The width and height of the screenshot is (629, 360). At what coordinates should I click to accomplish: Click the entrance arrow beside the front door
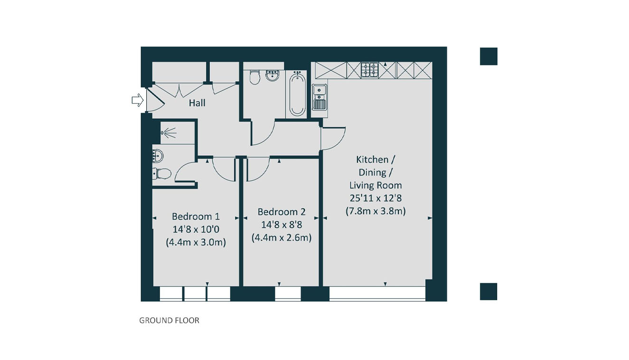[x=138, y=100]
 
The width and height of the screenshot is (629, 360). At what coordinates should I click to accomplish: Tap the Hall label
[x=197, y=103]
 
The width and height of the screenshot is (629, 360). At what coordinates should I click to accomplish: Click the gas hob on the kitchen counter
[x=369, y=70]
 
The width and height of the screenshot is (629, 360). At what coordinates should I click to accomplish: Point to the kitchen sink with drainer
[x=319, y=97]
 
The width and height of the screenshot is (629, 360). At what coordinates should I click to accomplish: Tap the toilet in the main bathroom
[x=254, y=77]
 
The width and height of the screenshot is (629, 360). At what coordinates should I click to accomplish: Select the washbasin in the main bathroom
[x=272, y=76]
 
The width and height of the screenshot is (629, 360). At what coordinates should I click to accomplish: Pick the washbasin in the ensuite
[x=158, y=156]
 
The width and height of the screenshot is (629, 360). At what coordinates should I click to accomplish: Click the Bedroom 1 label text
[x=196, y=217]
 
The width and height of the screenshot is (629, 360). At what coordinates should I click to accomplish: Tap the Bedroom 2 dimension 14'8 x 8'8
[x=282, y=225]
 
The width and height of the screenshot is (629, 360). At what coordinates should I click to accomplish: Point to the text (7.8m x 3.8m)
[x=376, y=211]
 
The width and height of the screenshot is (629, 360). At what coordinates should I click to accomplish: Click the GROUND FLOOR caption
[x=169, y=321]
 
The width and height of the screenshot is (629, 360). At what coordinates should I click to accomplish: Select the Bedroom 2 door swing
[x=258, y=170]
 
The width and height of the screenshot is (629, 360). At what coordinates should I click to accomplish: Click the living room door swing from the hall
[x=333, y=139]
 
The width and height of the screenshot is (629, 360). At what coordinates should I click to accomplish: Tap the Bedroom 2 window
[x=288, y=294]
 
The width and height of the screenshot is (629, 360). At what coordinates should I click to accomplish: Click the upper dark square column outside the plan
[x=488, y=57]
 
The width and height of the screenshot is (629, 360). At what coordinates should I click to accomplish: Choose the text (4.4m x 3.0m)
[x=196, y=242]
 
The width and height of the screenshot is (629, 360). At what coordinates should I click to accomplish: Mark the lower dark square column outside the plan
[x=488, y=292]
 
